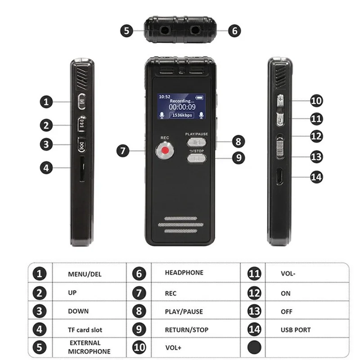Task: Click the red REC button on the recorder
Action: click(x=165, y=150)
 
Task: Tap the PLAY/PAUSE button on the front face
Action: click(x=197, y=142)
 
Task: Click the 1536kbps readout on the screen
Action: click(x=182, y=115)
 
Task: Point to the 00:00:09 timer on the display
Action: click(x=182, y=107)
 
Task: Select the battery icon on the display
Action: click(x=199, y=98)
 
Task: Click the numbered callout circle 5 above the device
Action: click(x=126, y=31)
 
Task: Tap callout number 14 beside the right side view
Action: click(x=316, y=177)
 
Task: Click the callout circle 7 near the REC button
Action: click(x=123, y=151)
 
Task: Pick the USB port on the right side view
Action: click(x=279, y=176)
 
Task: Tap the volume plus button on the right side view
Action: click(x=280, y=100)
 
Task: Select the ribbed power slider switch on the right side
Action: click(x=280, y=148)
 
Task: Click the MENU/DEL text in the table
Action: click(x=85, y=274)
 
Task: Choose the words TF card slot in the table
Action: click(x=85, y=330)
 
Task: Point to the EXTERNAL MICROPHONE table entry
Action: click(x=89, y=347)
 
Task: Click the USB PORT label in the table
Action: click(x=296, y=330)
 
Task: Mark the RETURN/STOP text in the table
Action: click(x=187, y=330)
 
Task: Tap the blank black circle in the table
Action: click(x=254, y=347)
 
